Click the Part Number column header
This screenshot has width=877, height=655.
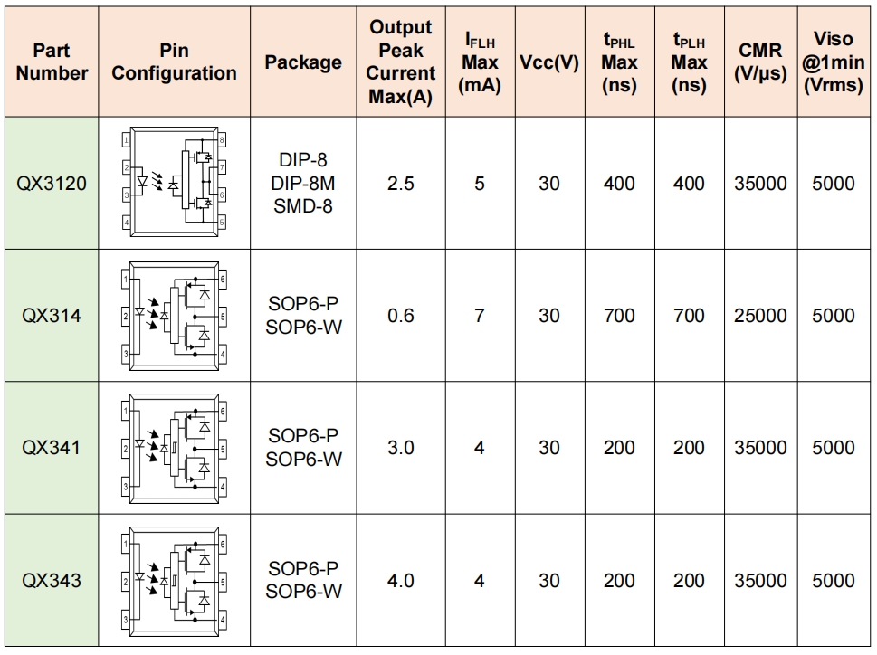(52, 62)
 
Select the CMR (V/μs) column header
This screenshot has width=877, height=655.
(760, 62)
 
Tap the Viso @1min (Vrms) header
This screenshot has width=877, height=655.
(834, 62)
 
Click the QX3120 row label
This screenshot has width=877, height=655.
(52, 184)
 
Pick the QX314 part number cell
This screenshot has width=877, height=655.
(52, 316)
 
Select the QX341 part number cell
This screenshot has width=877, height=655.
(52, 448)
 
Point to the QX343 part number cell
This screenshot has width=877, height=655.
(52, 580)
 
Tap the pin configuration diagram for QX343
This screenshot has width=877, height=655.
(174, 580)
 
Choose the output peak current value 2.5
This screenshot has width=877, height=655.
(400, 184)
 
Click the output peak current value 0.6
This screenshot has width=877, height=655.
(400, 316)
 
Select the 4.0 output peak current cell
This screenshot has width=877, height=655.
(400, 580)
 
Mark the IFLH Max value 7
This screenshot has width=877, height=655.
(480, 316)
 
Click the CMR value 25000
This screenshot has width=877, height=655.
(760, 316)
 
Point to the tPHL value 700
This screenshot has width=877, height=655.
(619, 316)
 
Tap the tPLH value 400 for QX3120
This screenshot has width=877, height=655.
(689, 184)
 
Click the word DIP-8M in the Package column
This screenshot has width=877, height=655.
(303, 184)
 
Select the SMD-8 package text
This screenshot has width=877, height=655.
(303, 206)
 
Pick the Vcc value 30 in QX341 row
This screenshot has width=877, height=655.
(549, 448)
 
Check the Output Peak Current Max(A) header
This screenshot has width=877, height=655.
(400, 62)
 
